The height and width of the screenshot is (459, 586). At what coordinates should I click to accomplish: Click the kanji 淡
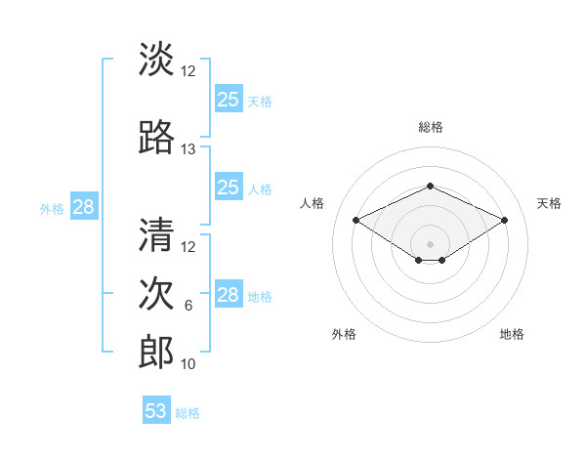[x=157, y=60]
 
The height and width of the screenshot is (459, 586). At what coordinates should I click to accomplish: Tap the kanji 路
[x=157, y=138]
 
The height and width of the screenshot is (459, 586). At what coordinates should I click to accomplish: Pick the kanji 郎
[x=157, y=353]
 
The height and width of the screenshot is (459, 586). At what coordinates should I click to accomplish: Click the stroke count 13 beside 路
[x=188, y=149]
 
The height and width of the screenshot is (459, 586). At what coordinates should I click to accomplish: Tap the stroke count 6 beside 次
[x=188, y=306]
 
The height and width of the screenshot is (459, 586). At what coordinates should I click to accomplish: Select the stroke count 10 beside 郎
[x=188, y=364]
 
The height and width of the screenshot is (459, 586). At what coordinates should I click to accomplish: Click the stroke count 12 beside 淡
[x=188, y=71]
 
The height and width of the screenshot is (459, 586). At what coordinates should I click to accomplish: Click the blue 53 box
[x=156, y=411]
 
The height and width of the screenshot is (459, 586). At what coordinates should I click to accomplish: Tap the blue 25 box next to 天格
[x=229, y=99]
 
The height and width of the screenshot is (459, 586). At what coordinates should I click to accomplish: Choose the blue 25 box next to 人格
[x=229, y=188]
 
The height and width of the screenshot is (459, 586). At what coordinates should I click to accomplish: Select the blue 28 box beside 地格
[x=229, y=295]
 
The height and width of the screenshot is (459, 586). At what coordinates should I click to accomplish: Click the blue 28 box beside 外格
[x=83, y=207]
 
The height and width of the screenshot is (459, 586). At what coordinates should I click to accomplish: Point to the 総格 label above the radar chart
[x=430, y=127]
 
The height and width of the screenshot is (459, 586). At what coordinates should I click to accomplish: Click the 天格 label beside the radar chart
[x=550, y=203]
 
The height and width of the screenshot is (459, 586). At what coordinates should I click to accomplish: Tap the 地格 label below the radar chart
[x=512, y=334]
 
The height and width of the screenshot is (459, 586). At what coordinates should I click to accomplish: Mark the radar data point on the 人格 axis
[x=356, y=220]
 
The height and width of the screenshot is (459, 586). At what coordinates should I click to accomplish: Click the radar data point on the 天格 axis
[x=504, y=220]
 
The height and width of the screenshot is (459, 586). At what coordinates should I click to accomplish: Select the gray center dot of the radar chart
[x=430, y=243]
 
